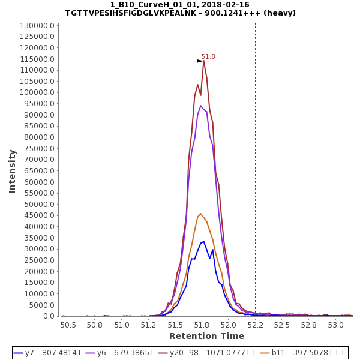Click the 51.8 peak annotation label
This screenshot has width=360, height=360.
tap(208, 57)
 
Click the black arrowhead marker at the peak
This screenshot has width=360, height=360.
tap(200, 61)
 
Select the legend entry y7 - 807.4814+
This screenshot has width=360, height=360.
tap(48, 353)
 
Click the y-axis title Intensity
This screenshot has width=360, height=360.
tap(12, 171)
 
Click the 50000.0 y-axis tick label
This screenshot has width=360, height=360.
tap(41, 205)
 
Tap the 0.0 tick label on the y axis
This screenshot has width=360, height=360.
tap(49, 316)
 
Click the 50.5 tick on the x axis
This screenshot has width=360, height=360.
tap(68, 325)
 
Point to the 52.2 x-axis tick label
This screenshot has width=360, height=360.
tap(256, 325)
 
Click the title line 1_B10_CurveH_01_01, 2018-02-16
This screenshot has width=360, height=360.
tap(180, 4)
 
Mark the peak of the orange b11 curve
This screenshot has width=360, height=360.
tap(200, 214)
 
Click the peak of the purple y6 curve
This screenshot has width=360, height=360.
tap(200, 106)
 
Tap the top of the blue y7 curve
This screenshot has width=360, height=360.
tap(203, 241)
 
